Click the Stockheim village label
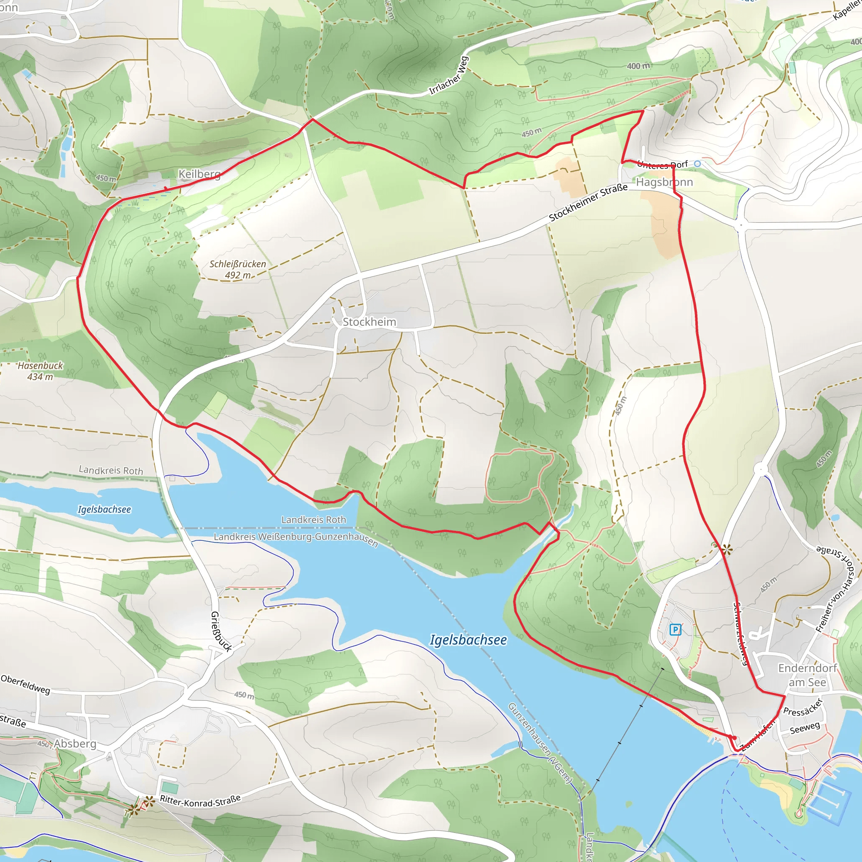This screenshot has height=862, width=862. tap(369, 322)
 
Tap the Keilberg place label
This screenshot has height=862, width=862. tap(200, 174)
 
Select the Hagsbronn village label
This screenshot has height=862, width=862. tap(664, 182)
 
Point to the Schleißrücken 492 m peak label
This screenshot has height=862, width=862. tap(238, 269)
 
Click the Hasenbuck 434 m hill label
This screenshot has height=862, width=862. tap(40, 371)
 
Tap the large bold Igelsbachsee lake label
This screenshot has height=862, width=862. tap(468, 640)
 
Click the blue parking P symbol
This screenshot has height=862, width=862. tap(675, 630)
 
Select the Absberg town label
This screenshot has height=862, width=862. tap(75, 744)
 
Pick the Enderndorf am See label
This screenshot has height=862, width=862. tap(807, 675)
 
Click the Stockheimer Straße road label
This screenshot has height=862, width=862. tap(588, 202)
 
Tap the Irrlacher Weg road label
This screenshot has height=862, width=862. tap(448, 75)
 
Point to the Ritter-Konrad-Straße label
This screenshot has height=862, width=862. tap(200, 801)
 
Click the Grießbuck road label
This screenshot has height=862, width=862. tap(221, 631)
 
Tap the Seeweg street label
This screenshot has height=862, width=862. tap(805, 728)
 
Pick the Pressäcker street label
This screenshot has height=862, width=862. tap(803, 707)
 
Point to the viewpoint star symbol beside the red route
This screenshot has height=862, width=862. tap(727, 550)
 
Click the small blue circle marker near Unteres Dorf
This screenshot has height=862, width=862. tap(697, 164)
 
